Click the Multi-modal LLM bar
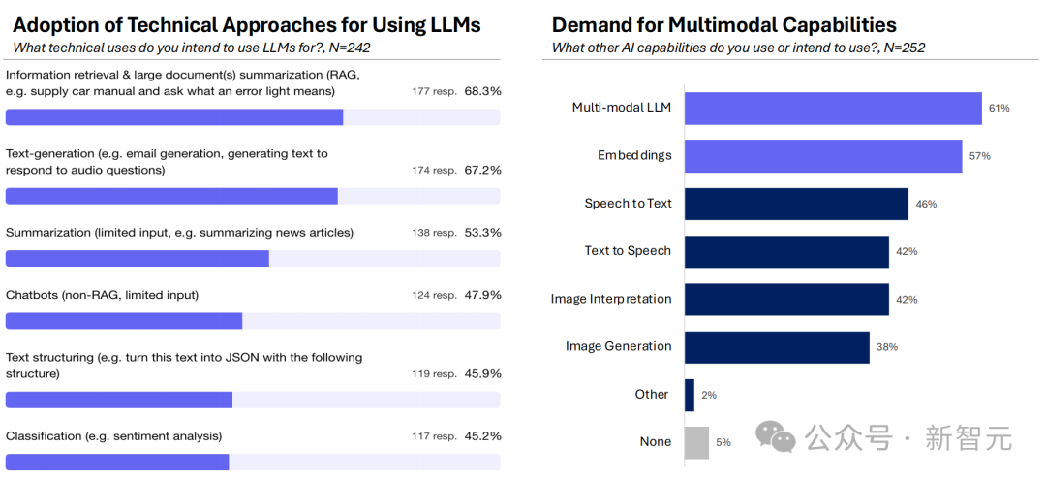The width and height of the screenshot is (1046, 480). pyautogui.click(x=833, y=109)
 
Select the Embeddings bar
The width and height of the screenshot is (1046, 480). pyautogui.click(x=823, y=156)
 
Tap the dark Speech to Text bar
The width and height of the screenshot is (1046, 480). pyautogui.click(x=796, y=204)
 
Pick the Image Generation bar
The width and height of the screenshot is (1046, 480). pyautogui.click(x=777, y=346)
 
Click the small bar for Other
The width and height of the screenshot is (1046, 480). pyautogui.click(x=690, y=395)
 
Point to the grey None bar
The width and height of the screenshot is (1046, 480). pyautogui.click(x=696, y=442)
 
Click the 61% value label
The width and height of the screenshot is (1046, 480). pyautogui.click(x=999, y=109)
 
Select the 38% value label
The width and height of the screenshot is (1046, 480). pyautogui.click(x=886, y=347)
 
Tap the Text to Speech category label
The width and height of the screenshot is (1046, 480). pyautogui.click(x=628, y=251)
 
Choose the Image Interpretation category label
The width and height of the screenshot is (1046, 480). pyautogui.click(x=611, y=299)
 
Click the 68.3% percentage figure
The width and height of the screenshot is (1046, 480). pyautogui.click(x=482, y=91)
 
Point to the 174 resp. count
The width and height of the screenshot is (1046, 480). pyautogui.click(x=434, y=171)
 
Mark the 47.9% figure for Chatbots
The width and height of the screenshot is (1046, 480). pyautogui.click(x=482, y=295)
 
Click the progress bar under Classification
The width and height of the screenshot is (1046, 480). pyautogui.click(x=117, y=463)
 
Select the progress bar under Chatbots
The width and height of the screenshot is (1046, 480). pyautogui.click(x=124, y=321)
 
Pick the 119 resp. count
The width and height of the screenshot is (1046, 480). pyautogui.click(x=434, y=374)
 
